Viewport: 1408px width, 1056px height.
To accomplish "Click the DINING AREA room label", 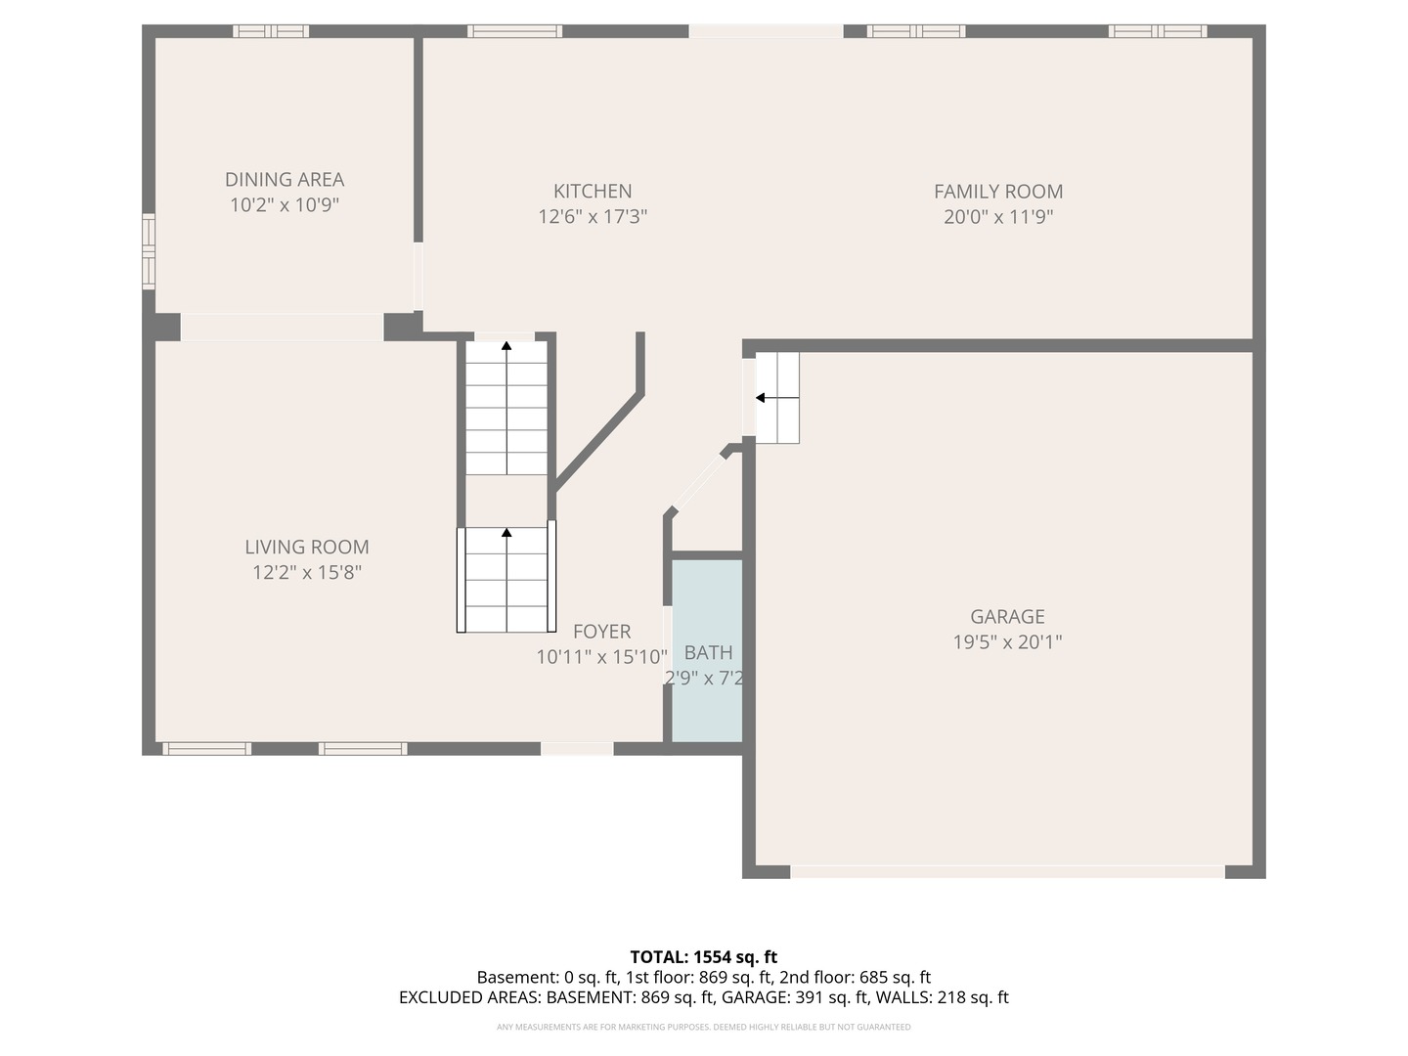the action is (x=285, y=180).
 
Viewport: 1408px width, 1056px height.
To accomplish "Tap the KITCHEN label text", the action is (x=593, y=191).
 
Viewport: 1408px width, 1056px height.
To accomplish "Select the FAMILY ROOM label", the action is (x=998, y=191).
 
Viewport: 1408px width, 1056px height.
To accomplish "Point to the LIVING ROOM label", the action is (x=307, y=547).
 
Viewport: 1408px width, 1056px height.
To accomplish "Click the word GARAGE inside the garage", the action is (x=1007, y=616).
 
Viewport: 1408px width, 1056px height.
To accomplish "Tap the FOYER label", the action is (x=601, y=632).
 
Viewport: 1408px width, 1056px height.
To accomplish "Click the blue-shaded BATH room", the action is (x=707, y=650).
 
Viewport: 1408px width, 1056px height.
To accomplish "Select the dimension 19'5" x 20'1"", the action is (x=1007, y=641).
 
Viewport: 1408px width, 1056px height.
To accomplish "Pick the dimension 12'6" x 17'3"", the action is (x=593, y=217).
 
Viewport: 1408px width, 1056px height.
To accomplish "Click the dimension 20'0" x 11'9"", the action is (x=998, y=217).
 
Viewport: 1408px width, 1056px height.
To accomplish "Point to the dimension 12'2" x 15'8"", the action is (x=307, y=572).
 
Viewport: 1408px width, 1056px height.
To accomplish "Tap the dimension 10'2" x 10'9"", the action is (x=285, y=205).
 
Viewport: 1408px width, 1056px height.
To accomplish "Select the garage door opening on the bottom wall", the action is (x=1007, y=871).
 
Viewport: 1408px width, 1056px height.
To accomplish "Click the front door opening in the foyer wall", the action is (x=577, y=748).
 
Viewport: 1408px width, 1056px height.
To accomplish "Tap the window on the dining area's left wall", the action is (x=149, y=251).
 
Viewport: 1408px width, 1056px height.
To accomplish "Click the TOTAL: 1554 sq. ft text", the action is (x=703, y=957).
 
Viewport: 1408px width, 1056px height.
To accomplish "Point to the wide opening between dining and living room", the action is (x=283, y=327).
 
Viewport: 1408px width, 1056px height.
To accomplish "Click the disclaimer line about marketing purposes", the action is (x=703, y=1027).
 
